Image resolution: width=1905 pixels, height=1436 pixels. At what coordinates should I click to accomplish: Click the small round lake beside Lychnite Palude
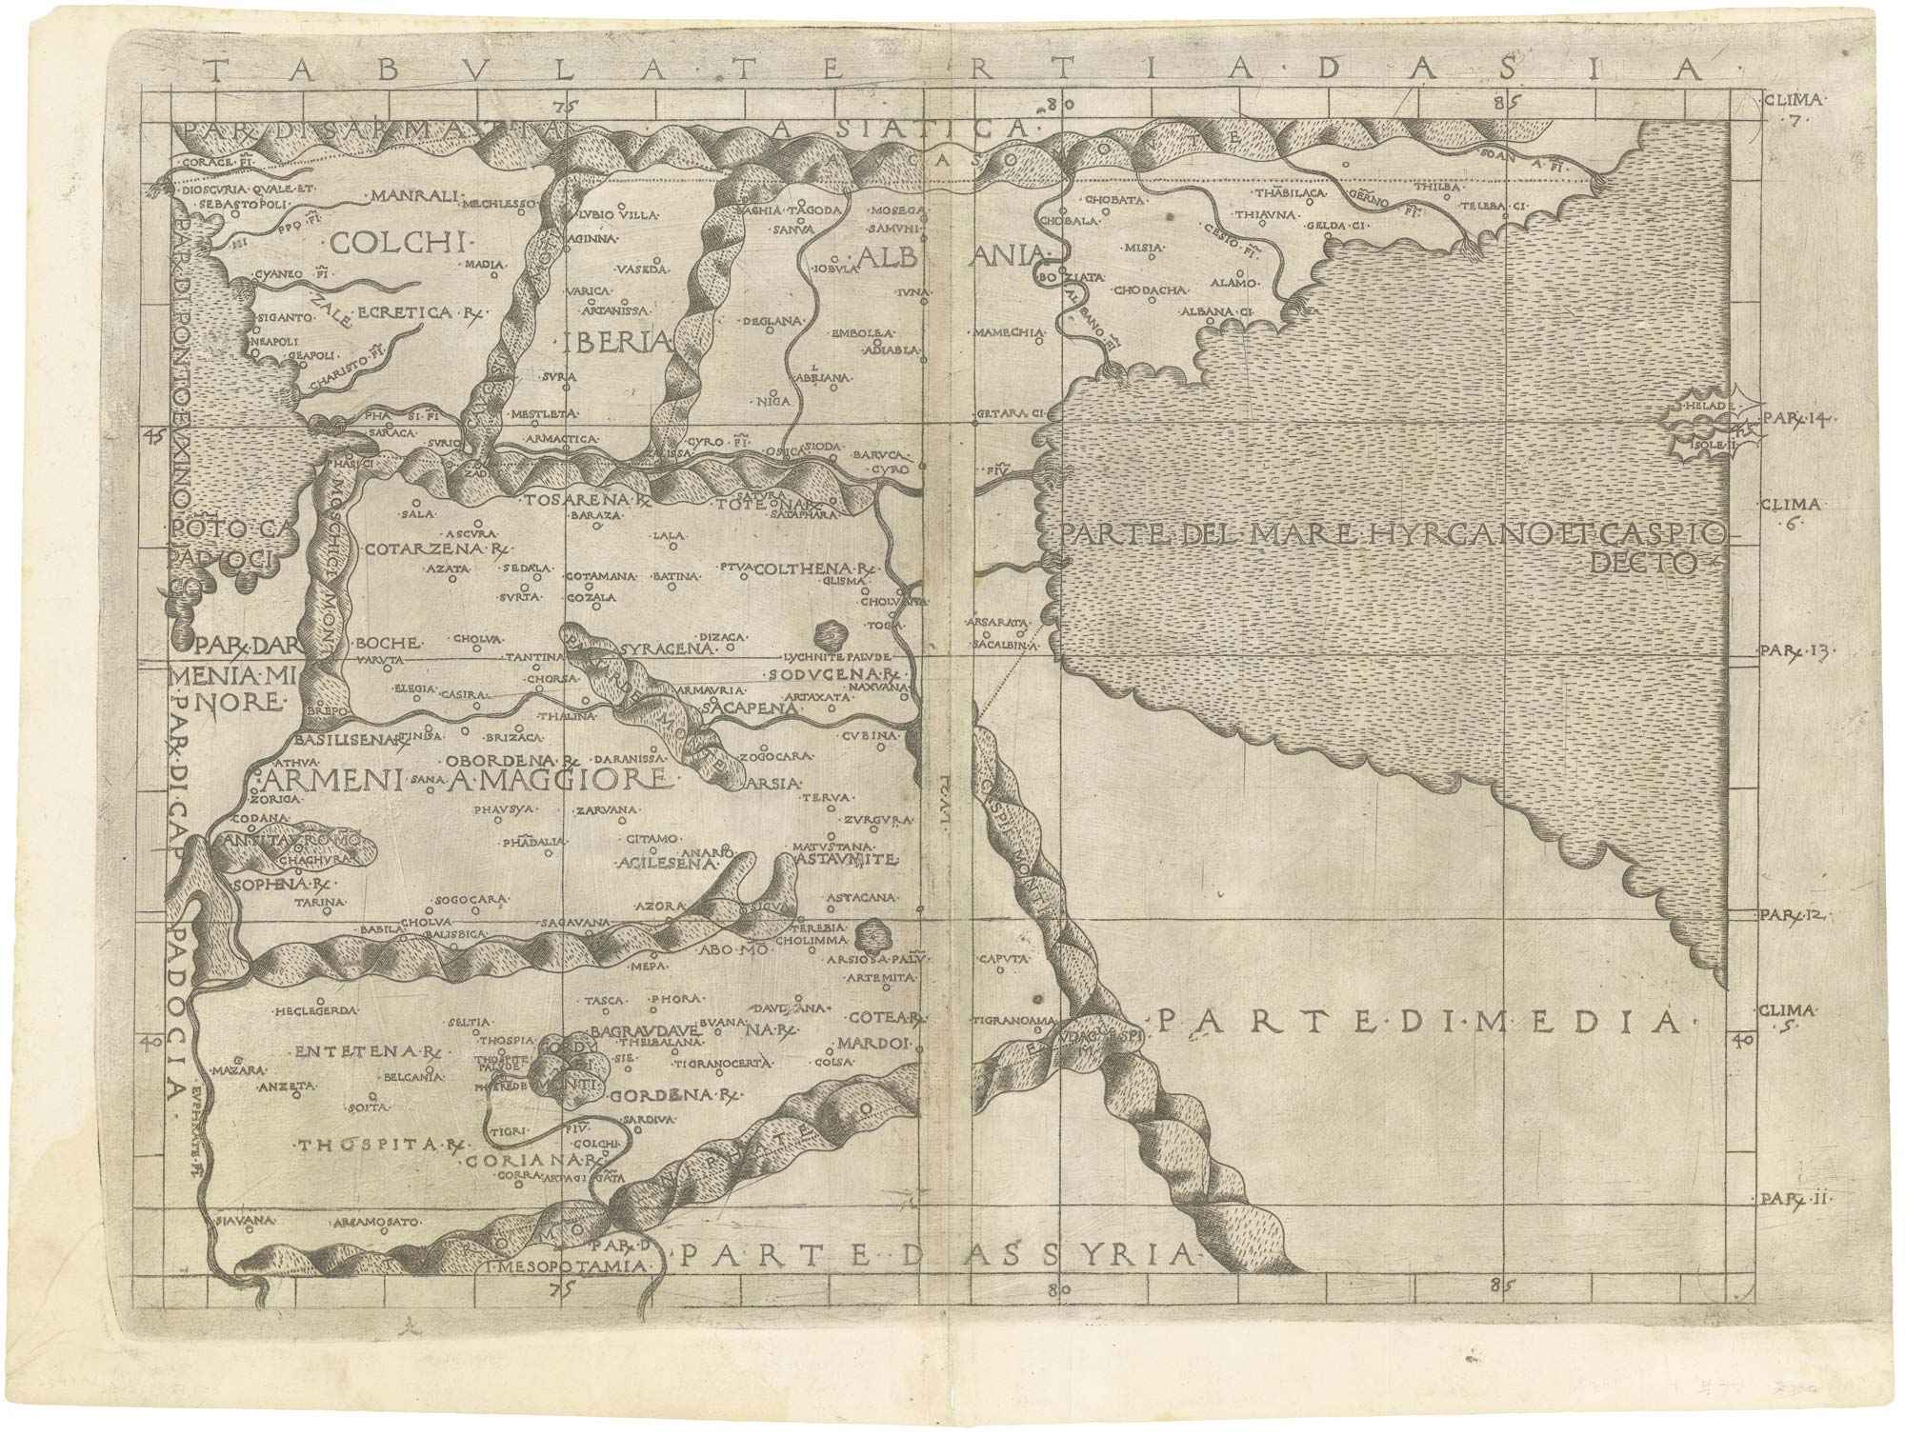tap(829, 630)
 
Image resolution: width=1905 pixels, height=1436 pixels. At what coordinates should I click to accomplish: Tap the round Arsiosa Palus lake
tap(868, 932)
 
